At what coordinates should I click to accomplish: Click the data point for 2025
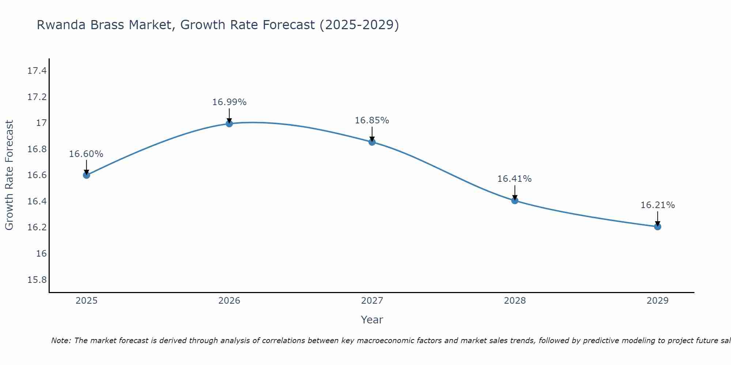point(86,175)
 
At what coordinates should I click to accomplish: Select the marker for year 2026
point(229,124)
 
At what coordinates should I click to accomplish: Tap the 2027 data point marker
point(372,142)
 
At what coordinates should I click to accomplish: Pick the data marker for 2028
point(515,200)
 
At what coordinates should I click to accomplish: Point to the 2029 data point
point(658,227)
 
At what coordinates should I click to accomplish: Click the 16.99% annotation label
point(229,102)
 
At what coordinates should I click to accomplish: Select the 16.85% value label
point(372,120)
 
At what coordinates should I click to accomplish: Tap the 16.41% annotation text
point(515,179)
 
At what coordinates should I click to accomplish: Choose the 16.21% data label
point(658,205)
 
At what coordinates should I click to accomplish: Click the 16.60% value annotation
point(86,154)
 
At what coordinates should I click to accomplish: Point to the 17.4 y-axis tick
point(37,71)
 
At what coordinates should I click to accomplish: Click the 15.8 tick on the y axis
point(37,280)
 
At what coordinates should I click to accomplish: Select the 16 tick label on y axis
point(42,254)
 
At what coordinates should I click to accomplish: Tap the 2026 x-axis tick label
point(229,301)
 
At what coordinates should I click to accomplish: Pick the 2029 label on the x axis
point(658,301)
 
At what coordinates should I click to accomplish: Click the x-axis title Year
point(372,320)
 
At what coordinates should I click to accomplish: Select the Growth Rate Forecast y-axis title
point(9,175)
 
